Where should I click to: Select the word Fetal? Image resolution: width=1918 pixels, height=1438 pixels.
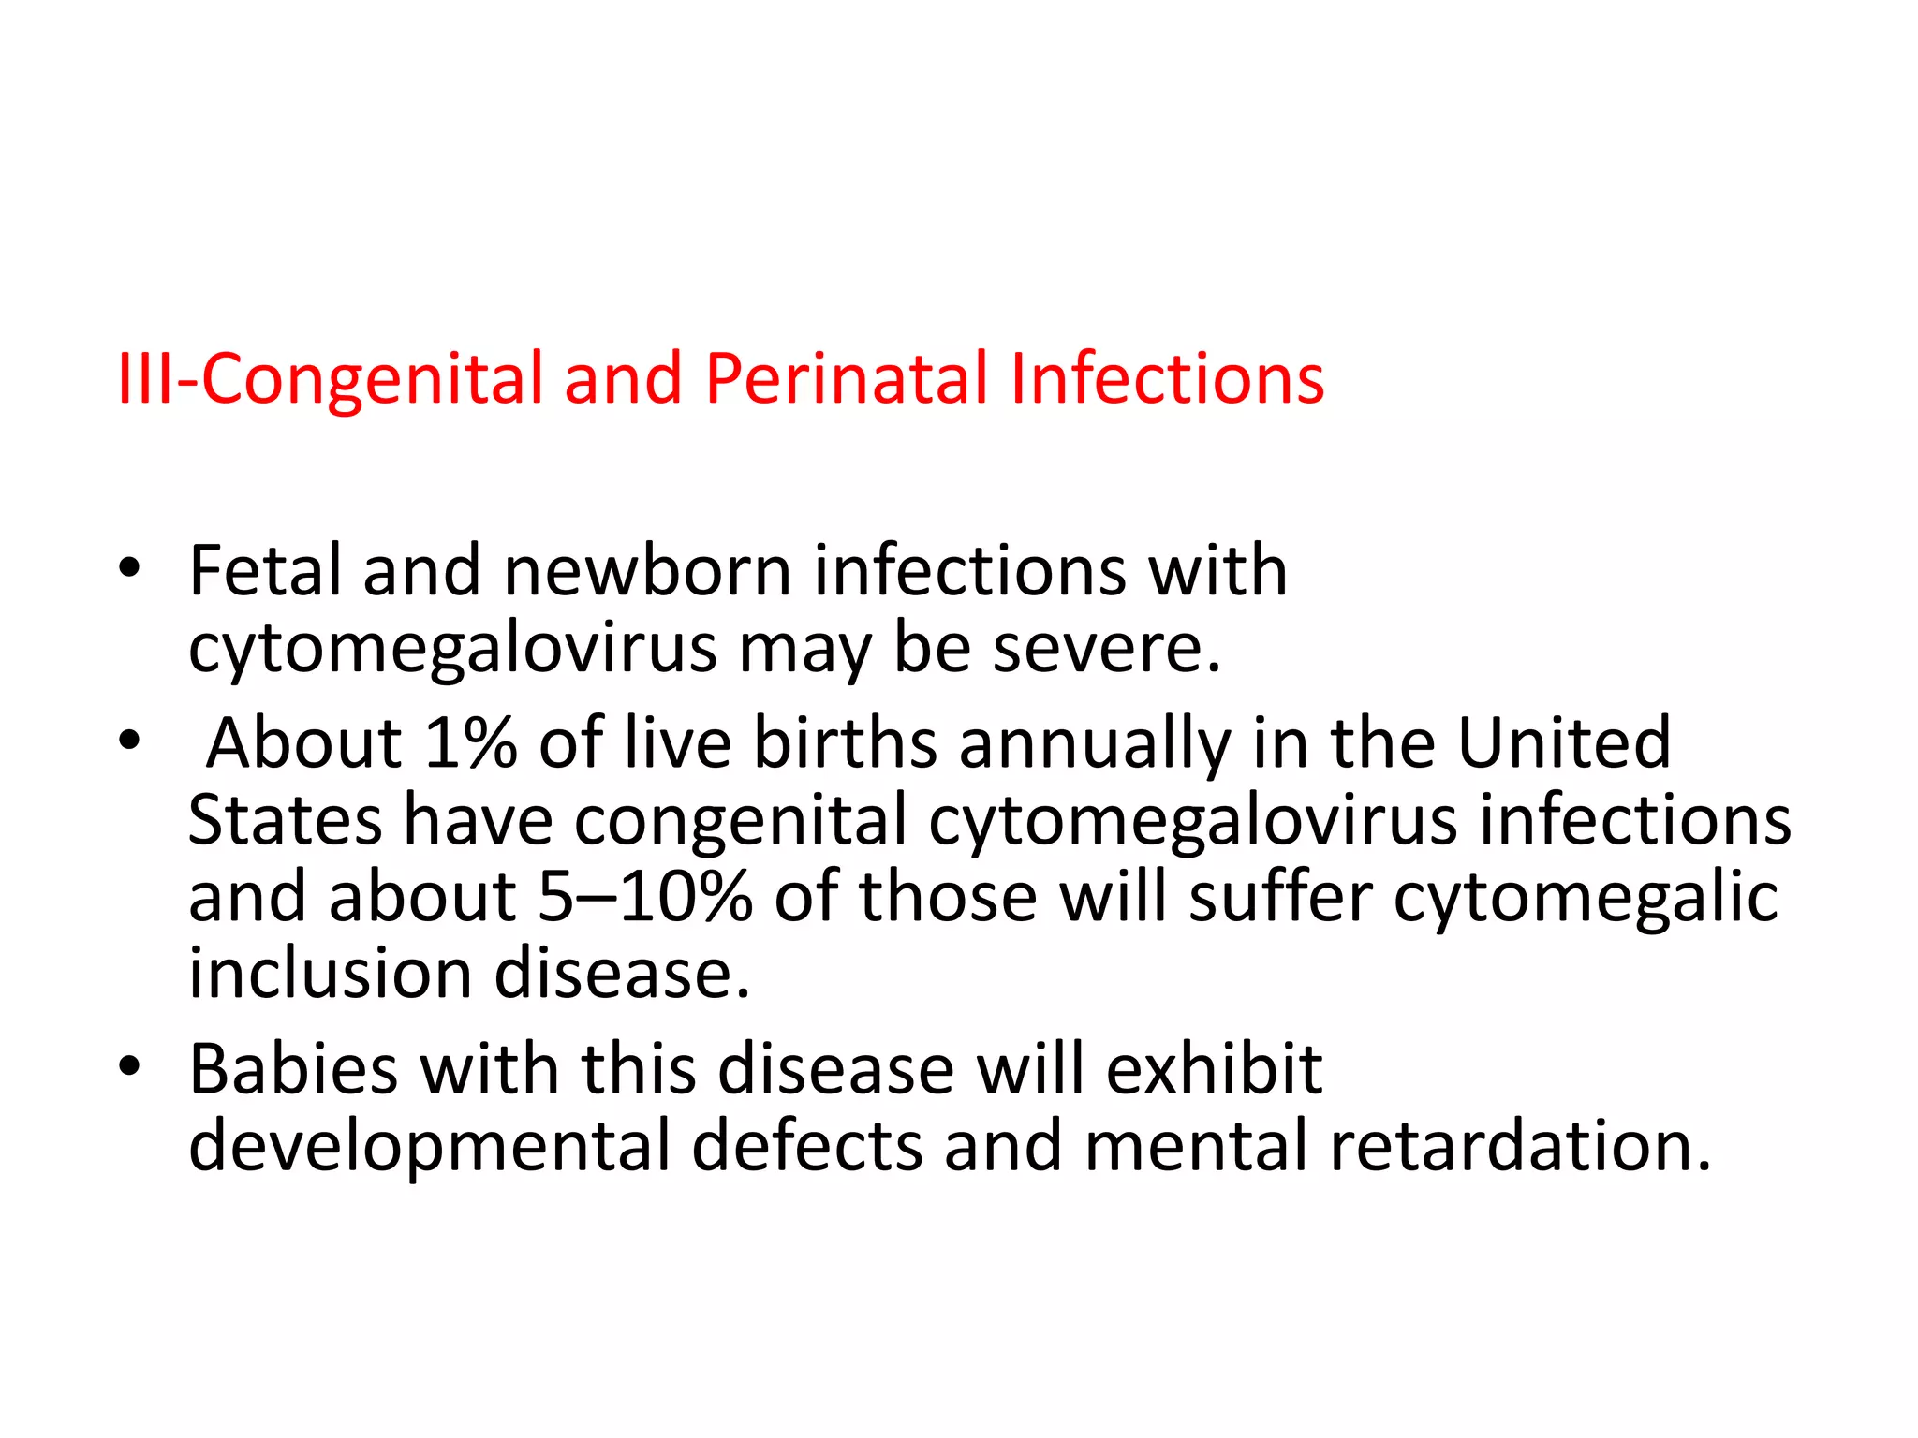265,570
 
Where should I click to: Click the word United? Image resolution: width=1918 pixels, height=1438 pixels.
1564,742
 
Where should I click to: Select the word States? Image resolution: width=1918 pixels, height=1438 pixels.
285,820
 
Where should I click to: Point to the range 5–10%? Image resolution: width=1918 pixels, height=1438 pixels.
645,897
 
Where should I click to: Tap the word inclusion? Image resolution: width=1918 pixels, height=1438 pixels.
331,974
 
